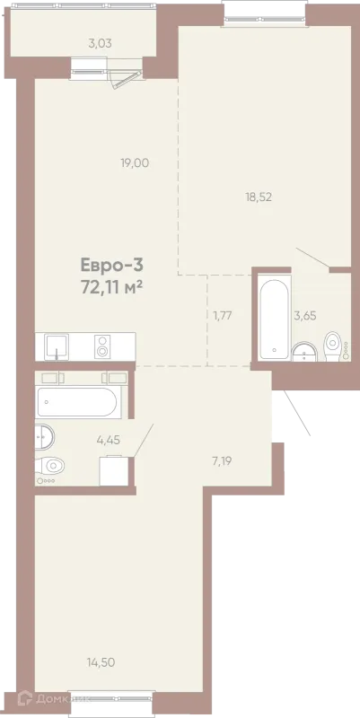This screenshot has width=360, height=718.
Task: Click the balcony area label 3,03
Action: [x=100, y=44]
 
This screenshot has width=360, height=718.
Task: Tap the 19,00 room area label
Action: [x=135, y=162]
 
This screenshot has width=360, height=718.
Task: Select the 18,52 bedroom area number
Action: [x=259, y=197]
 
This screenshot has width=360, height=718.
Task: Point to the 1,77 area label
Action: [x=224, y=315]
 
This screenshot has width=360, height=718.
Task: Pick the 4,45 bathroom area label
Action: [x=108, y=440]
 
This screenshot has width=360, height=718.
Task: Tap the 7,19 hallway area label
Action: [x=222, y=460]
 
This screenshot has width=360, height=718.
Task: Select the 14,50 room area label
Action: [x=101, y=661]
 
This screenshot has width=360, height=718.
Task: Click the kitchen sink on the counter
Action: [x=57, y=346]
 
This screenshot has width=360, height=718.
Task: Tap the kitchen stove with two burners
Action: [x=102, y=346]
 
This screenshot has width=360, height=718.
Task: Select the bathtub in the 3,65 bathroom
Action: [x=274, y=320]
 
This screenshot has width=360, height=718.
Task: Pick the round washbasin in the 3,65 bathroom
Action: [x=304, y=352]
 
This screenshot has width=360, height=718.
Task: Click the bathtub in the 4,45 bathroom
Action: [x=79, y=402]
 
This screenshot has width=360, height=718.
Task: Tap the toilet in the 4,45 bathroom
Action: [x=50, y=466]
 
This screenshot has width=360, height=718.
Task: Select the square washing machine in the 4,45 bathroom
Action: [x=114, y=470]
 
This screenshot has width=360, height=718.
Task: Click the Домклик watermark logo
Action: [x=53, y=699]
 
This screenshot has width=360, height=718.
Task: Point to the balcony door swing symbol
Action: [x=127, y=81]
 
